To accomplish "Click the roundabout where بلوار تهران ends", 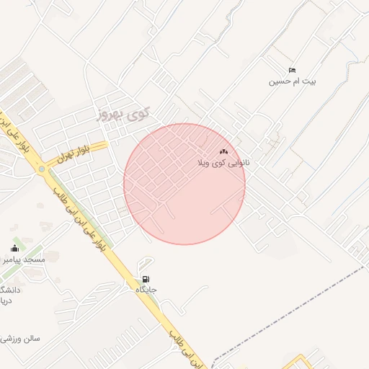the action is pos(43,169).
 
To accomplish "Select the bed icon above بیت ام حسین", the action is pos(292,70).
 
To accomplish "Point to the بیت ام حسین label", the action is pos(293,81).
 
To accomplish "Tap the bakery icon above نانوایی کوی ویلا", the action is pos(223,151).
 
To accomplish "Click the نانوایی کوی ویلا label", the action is pos(224,163).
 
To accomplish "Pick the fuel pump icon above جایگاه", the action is pos(146,279).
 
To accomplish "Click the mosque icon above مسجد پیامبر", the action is pos(14,248).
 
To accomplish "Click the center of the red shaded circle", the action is pos(184,184).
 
